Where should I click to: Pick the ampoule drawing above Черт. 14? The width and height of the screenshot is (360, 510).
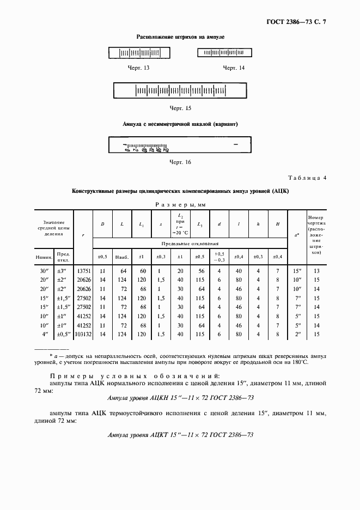point(223,53)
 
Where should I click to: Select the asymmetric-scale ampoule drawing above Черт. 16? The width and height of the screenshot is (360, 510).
point(180,145)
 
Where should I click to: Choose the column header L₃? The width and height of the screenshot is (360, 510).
point(200,225)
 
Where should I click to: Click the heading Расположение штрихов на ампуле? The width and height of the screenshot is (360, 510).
point(180,37)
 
